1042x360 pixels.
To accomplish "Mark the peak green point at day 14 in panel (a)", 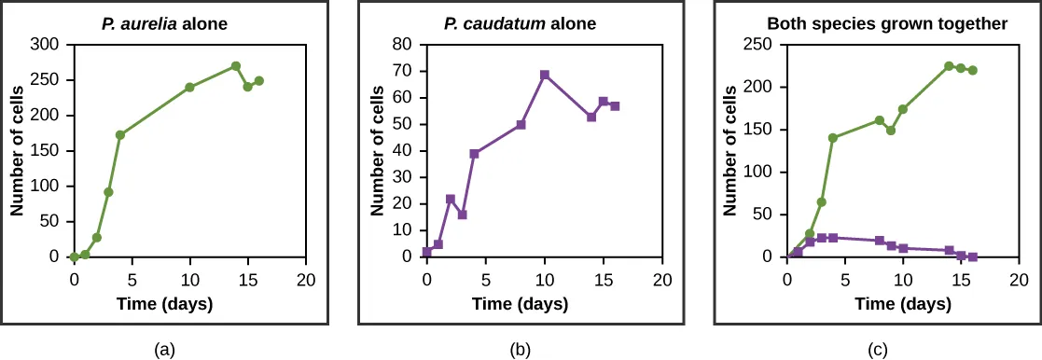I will tap(236, 66).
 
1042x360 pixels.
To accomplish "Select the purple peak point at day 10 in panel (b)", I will tap(544, 75).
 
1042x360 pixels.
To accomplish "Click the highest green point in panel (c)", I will tap(949, 66).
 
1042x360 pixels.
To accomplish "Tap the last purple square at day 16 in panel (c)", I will tap(972, 256).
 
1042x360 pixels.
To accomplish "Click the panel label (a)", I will tap(164, 350).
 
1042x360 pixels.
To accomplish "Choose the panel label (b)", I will tap(521, 350).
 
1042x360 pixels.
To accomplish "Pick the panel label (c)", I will tap(877, 350).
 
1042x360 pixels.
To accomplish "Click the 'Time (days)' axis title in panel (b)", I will tap(519, 303).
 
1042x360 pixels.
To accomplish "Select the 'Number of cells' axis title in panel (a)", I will tap(17, 151).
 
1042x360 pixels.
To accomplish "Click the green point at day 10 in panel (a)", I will tap(190, 87).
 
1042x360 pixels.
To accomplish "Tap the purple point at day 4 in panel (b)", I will tap(474, 154).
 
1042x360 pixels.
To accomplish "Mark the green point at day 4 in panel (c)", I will tap(833, 138).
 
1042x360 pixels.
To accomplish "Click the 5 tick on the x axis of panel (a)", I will tap(132, 277).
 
